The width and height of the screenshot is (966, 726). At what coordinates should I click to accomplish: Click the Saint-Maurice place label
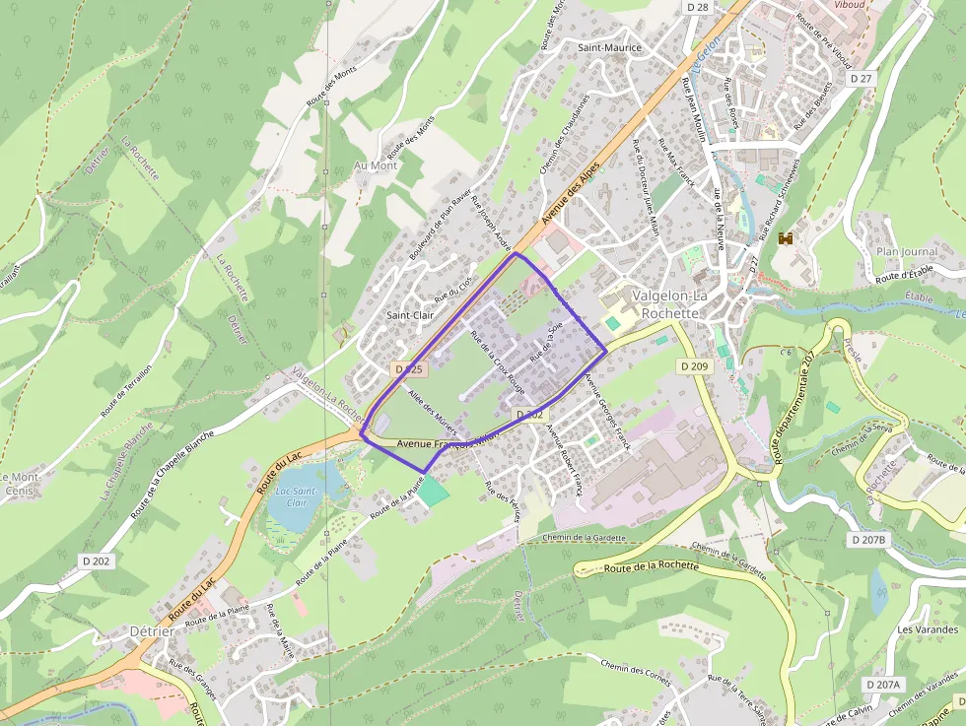tap(609, 47)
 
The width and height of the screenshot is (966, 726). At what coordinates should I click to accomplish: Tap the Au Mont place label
tap(376, 165)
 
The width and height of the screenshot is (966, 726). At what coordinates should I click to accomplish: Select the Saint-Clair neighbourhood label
tap(410, 315)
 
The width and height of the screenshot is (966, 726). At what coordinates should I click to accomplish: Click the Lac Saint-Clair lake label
tap(296, 495)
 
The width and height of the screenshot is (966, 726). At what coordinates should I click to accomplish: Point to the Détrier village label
tap(152, 630)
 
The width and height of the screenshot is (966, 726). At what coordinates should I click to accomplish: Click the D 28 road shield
tap(697, 7)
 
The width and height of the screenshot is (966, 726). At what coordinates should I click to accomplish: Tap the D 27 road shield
tap(861, 78)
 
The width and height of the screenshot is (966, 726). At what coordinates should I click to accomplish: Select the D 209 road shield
tap(694, 365)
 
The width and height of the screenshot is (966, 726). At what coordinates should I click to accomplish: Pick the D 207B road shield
tap(868, 540)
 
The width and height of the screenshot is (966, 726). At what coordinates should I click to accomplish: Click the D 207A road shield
tap(883, 684)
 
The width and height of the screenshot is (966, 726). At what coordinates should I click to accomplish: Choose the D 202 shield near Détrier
tap(96, 560)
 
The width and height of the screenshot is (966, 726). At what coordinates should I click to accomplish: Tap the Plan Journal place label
tap(907, 251)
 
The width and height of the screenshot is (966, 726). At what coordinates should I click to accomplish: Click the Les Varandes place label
tap(928, 629)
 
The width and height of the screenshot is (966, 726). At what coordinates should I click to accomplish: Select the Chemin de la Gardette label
tap(585, 538)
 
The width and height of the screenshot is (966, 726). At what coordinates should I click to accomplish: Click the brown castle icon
tap(787, 237)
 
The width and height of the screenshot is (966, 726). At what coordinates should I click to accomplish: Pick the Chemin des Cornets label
tap(635, 675)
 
